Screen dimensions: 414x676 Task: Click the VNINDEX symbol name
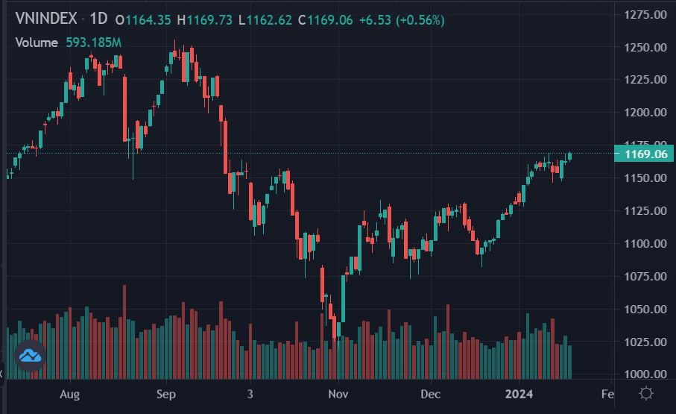click(x=45, y=20)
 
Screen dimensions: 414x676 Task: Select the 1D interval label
click(x=98, y=20)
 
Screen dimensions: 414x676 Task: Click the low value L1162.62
click(x=266, y=20)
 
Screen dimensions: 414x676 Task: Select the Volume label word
click(x=37, y=43)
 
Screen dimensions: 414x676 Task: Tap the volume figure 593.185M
click(x=93, y=43)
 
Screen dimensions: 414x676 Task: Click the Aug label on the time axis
click(x=69, y=393)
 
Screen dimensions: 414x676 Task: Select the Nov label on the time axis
click(x=338, y=393)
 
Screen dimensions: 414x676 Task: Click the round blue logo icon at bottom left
click(x=31, y=357)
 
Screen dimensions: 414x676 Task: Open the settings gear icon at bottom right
click(x=646, y=393)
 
